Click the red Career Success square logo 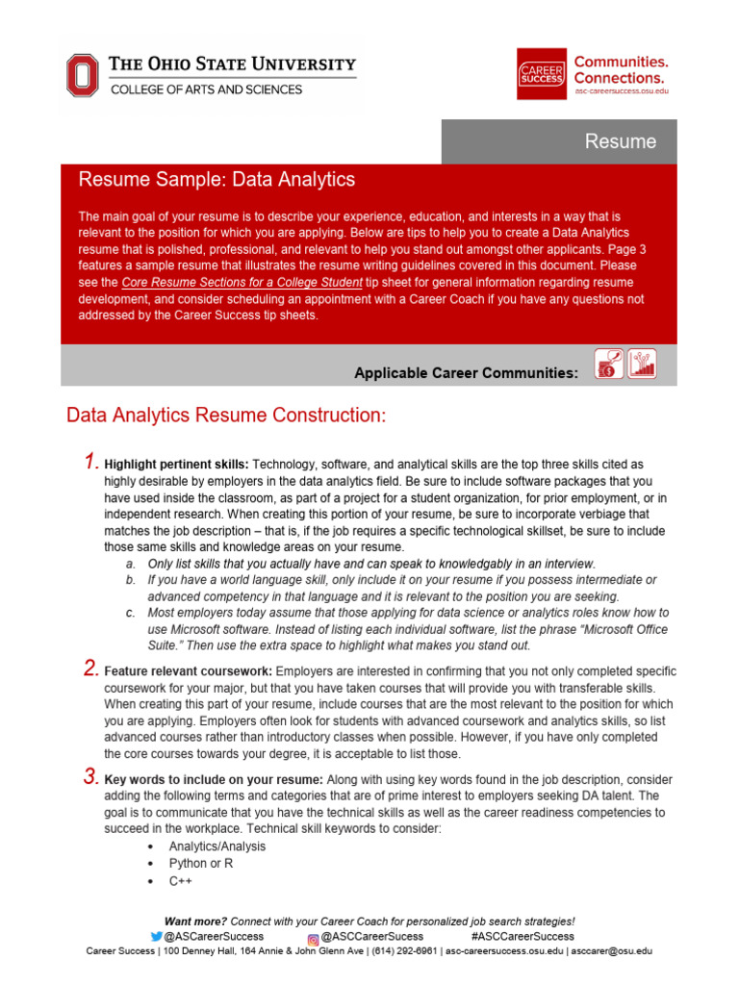click(x=541, y=73)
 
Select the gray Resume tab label click(x=621, y=141)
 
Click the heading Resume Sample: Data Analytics click(x=217, y=180)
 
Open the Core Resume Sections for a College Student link click(x=242, y=283)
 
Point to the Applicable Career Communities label click(x=466, y=372)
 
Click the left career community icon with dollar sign click(x=609, y=365)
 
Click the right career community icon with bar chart click(x=642, y=365)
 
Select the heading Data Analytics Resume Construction click(x=225, y=416)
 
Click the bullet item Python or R click(x=201, y=863)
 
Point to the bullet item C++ click(x=181, y=880)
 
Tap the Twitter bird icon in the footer click(x=156, y=936)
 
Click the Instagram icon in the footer click(x=313, y=937)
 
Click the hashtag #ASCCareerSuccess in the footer click(x=522, y=936)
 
